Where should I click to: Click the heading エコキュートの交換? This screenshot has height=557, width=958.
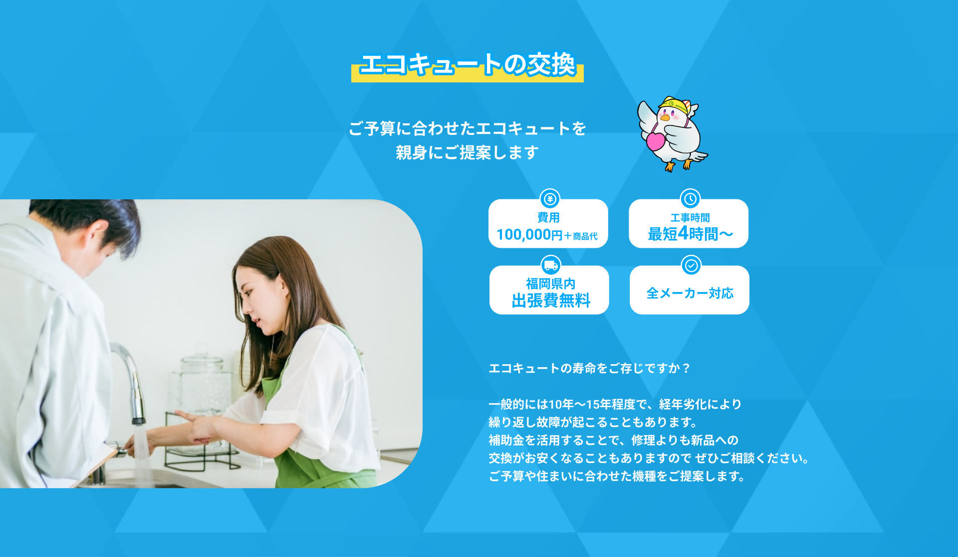click(x=468, y=64)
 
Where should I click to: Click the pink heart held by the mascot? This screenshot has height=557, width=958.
click(x=656, y=140)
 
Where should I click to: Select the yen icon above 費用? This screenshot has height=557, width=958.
click(x=550, y=199)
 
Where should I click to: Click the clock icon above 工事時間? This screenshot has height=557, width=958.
click(x=690, y=199)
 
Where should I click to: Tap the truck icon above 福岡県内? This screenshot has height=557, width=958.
click(x=551, y=265)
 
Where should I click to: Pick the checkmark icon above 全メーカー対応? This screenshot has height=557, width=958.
click(x=691, y=265)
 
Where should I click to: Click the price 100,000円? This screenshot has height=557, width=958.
click(x=529, y=234)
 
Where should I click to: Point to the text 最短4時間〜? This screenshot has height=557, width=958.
click(x=691, y=233)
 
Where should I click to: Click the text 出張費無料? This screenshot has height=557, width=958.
click(x=551, y=300)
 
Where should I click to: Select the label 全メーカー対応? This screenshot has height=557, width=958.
click(x=690, y=293)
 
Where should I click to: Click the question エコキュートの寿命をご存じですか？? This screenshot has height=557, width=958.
click(x=590, y=368)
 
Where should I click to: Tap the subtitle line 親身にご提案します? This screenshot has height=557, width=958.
click(x=467, y=152)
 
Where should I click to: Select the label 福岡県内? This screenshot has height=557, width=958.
click(x=551, y=284)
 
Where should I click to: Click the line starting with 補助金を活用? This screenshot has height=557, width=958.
click(x=613, y=440)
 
